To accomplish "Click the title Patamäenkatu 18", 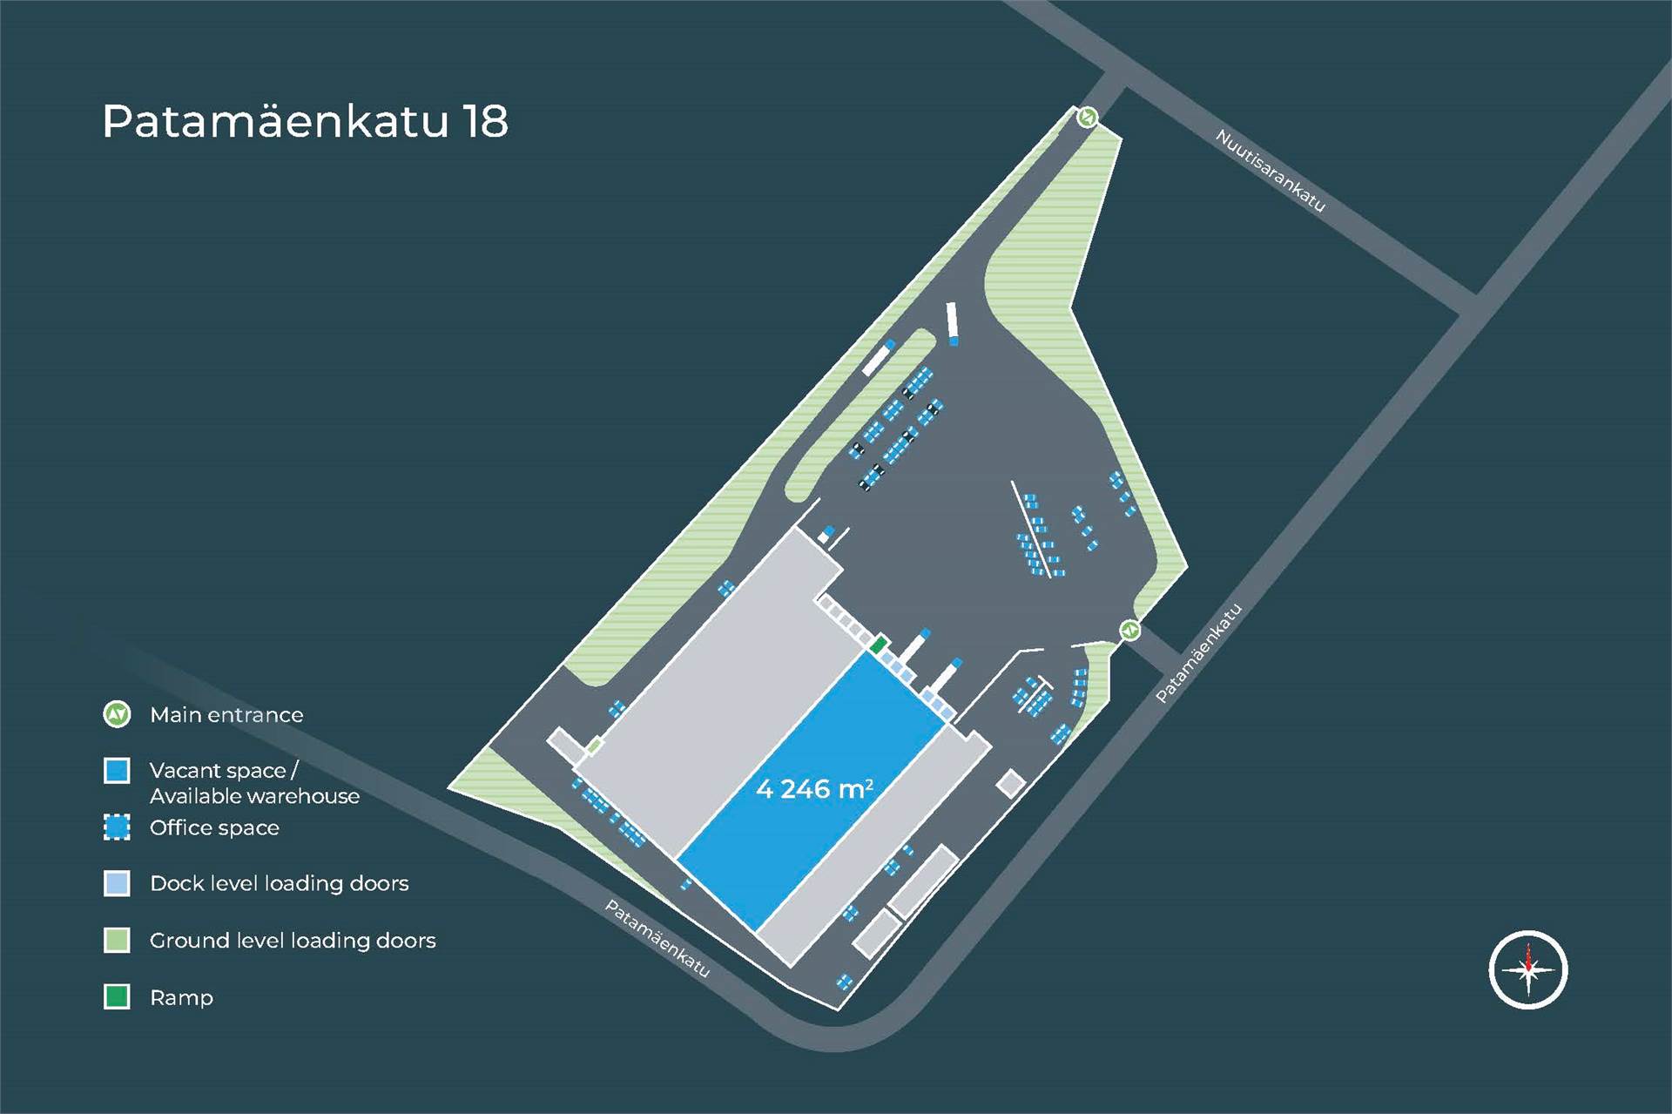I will [305, 121].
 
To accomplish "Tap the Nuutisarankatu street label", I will [1270, 171].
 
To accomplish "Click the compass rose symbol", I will [1527, 969].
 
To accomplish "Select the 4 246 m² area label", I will [814, 789].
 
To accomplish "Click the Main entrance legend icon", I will [117, 715].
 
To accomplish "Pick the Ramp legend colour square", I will [117, 996].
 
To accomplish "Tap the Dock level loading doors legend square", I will [117, 883].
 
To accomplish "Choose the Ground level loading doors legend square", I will [117, 940].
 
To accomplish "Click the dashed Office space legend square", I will [117, 827].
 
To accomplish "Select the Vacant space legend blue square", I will [117, 771].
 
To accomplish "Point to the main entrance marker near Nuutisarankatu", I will [1087, 117].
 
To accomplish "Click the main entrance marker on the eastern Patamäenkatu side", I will [1129, 630].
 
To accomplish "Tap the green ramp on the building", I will [879, 645].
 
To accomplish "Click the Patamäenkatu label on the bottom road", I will [657, 939].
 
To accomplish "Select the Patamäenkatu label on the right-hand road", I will [1198, 653].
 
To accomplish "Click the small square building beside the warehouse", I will [1010, 784].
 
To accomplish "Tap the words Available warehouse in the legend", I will [254, 796].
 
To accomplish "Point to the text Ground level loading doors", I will [293, 941].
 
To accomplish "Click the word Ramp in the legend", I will [181, 997].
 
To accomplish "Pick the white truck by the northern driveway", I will [952, 321].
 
